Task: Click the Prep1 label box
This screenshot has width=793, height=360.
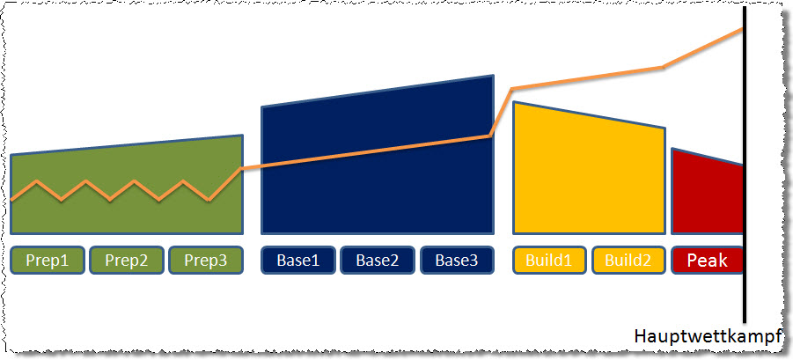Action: [x=47, y=261]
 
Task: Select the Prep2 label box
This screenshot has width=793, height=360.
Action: [x=127, y=261]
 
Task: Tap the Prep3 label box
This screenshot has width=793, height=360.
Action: [x=206, y=261]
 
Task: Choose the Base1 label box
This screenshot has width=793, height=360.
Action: [x=297, y=261]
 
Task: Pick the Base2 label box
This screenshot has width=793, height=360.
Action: [x=378, y=261]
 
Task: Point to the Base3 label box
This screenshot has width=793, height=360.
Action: [x=457, y=261]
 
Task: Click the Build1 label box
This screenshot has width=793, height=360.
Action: [x=549, y=261]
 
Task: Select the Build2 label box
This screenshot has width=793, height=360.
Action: [x=628, y=261]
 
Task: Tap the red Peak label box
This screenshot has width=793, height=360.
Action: [x=707, y=261]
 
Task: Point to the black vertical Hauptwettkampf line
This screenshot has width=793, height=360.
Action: [x=745, y=165]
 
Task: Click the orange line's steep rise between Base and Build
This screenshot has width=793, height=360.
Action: [x=501, y=113]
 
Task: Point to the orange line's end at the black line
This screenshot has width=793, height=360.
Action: [x=742, y=28]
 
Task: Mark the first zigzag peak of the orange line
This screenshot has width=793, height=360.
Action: [x=37, y=180]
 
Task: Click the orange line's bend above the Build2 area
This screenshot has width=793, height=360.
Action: [x=663, y=67]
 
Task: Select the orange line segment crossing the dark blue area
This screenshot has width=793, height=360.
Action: [x=365, y=151]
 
